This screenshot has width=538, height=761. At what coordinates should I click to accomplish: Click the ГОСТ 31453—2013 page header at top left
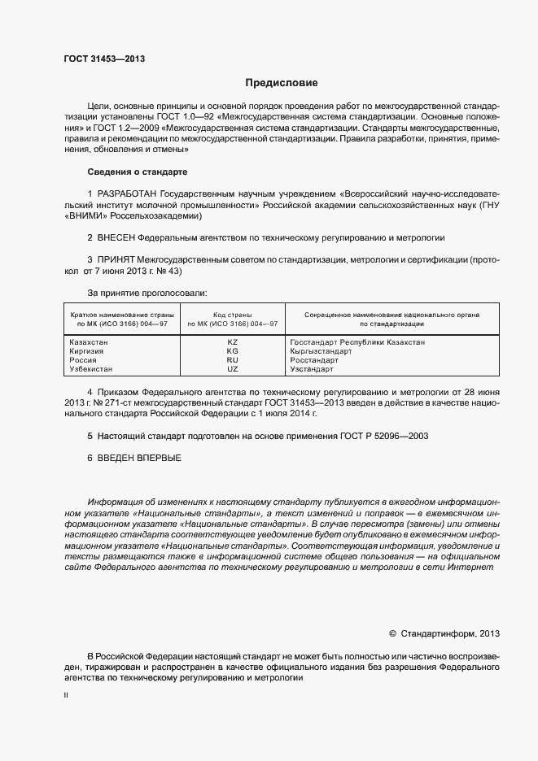coord(104,59)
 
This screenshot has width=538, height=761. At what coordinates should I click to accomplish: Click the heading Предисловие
coord(282,83)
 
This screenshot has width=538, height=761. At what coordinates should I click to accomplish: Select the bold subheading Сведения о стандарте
coord(137,172)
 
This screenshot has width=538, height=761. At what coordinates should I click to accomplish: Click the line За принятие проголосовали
coord(147,291)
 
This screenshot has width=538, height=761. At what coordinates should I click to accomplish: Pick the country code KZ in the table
coord(232,343)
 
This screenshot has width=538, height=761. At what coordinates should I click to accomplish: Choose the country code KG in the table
coord(232,351)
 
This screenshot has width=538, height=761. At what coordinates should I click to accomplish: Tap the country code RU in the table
coord(232,360)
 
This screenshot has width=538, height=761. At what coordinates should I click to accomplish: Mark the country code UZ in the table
coord(232,369)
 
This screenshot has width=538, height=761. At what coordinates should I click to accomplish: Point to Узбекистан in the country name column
coord(94,369)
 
